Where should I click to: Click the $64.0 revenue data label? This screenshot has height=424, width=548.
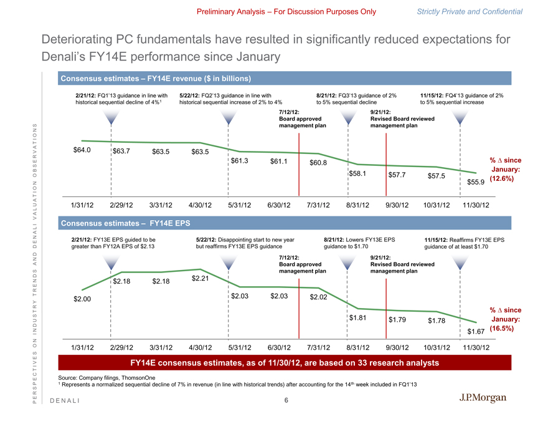82,150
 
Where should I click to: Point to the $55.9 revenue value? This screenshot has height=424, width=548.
476,182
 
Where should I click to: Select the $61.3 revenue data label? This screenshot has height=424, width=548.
240,161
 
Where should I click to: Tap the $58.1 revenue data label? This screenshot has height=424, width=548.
357,173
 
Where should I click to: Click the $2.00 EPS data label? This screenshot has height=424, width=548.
82,299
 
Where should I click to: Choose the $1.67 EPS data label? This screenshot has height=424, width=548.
476,330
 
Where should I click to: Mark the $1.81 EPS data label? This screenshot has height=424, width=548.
357,318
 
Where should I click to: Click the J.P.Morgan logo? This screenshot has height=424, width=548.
483,398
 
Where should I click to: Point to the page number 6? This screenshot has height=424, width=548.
286,400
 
